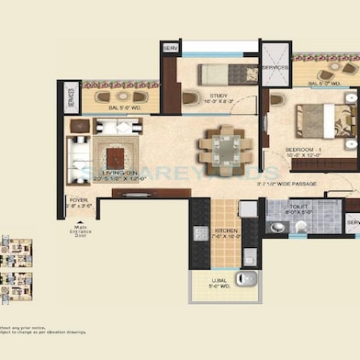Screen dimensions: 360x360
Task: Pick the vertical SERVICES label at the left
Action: [71, 100]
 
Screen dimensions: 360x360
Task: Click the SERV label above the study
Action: [170, 47]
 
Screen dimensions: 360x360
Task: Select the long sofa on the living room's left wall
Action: [76, 153]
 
